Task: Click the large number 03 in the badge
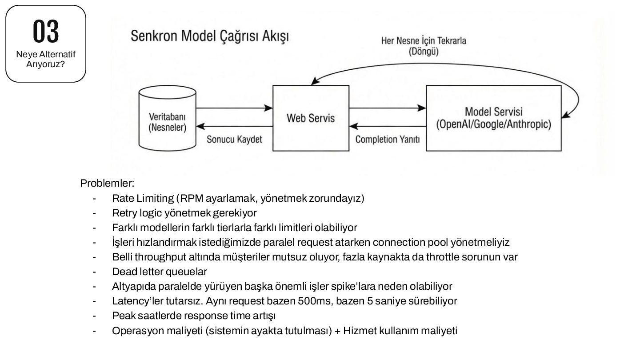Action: pos(46,31)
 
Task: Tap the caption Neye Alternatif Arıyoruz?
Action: pos(46,60)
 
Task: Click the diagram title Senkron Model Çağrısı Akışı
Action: pos(209,36)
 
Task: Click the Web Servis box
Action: pos(311,118)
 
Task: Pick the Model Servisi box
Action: pos(493,118)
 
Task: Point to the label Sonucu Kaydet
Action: pos(234,140)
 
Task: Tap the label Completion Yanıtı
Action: pos(388,140)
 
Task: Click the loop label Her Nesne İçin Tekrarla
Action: pos(424,41)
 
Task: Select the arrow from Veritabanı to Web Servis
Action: pos(234,108)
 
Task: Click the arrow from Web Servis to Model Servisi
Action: pos(387,108)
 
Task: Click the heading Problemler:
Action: pos(107,183)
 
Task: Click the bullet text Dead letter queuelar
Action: pos(160,272)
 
